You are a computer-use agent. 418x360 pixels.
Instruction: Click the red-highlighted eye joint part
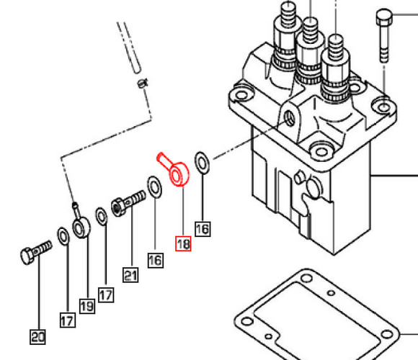click(x=176, y=173)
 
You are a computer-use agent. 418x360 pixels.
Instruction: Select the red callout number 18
click(x=184, y=245)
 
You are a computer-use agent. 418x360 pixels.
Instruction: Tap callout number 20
click(x=37, y=336)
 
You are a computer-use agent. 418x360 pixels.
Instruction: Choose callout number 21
click(x=130, y=274)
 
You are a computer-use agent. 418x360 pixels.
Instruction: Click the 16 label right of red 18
click(x=203, y=230)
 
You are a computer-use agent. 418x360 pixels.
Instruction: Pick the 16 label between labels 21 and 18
click(x=155, y=259)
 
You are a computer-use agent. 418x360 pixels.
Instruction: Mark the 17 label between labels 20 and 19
click(x=67, y=320)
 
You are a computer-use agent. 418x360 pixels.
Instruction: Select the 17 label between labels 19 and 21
click(x=106, y=294)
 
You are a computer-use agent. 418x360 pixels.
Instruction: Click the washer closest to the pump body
click(x=203, y=162)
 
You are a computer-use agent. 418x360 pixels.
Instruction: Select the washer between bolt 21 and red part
click(x=154, y=186)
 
